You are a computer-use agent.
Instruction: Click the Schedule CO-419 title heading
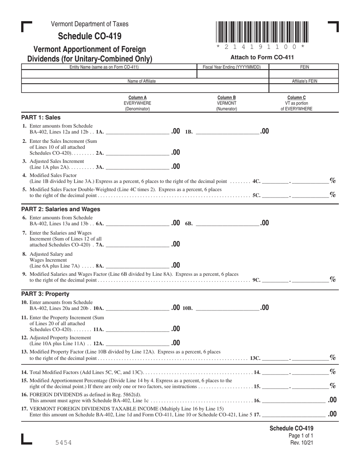pos(90,36)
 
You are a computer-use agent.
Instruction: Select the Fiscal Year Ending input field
pos(233,74)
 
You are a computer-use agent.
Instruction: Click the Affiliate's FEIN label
pos(304,81)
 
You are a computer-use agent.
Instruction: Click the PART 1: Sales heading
pos(41,117)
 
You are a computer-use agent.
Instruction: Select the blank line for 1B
pos(227,133)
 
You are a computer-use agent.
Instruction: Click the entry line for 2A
pos(138,153)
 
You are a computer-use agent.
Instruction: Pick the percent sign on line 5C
pos(333,194)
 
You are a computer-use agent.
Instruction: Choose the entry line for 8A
pos(138,266)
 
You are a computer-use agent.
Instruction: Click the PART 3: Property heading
pos(45,294)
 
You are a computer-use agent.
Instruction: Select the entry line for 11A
pos(138,330)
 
